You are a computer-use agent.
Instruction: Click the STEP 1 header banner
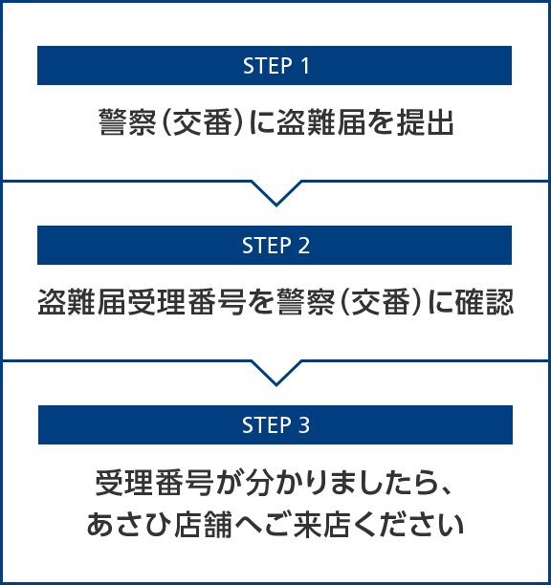(x=275, y=65)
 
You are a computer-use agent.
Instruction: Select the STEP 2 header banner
(x=275, y=245)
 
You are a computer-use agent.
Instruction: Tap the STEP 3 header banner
(x=275, y=424)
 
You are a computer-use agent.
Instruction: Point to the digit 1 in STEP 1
(x=305, y=66)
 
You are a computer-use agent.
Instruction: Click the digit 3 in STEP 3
(x=304, y=425)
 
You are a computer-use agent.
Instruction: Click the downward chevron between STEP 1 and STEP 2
(x=276, y=193)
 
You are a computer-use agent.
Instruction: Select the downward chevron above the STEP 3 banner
(x=276, y=373)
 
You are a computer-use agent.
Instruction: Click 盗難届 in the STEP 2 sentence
(x=82, y=302)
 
